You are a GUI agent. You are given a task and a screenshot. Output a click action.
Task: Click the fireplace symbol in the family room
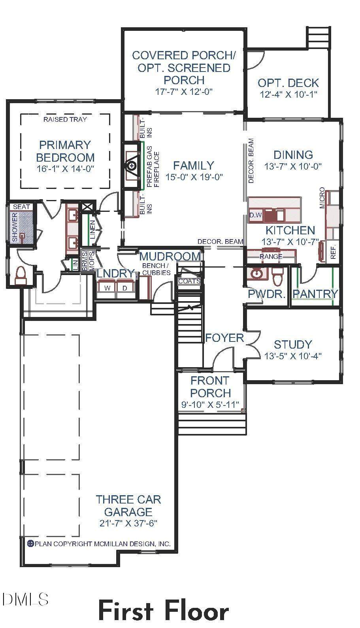[131, 166]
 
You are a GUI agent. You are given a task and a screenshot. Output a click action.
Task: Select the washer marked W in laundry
[107, 288]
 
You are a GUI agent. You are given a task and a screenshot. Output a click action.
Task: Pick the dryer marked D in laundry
[125, 288]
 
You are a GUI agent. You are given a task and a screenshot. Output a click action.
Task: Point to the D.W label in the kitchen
[256, 215]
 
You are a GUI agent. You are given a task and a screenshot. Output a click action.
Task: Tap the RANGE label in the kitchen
[271, 256]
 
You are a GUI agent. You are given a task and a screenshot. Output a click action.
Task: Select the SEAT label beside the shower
[21, 207]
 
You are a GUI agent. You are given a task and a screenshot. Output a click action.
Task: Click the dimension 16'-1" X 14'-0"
[65, 169]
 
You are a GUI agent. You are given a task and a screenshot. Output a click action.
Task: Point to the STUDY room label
[293, 345]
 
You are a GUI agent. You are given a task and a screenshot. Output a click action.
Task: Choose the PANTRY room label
[315, 294]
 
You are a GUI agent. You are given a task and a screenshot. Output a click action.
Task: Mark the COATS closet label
[190, 281]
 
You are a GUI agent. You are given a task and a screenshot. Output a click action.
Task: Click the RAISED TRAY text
[65, 119]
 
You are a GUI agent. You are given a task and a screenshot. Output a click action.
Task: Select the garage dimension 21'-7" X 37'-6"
[128, 523]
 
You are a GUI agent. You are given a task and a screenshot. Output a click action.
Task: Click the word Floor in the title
[196, 611]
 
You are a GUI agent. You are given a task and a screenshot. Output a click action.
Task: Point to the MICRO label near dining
[322, 198]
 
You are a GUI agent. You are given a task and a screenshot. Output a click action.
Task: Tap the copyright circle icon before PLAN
[30, 544]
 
